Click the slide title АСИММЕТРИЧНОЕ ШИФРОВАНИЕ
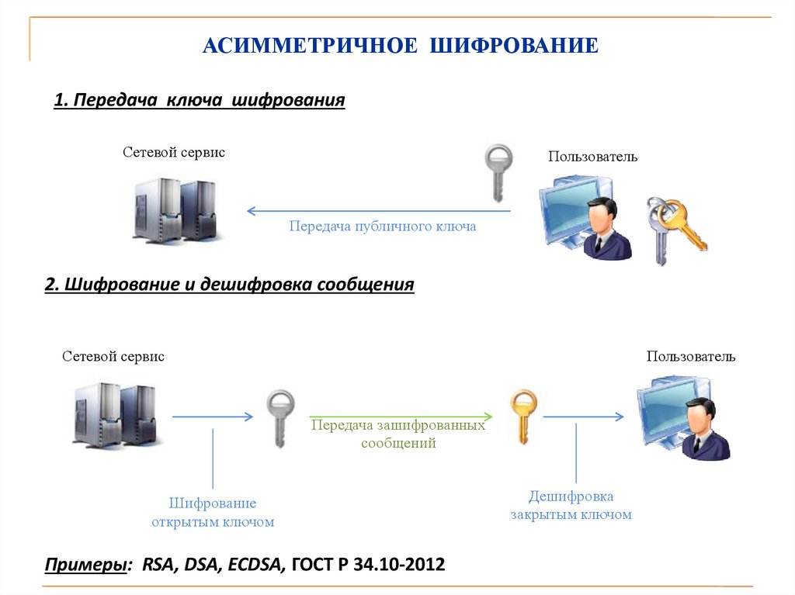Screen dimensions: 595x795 [400, 45]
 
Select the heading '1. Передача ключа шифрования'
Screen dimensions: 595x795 [199, 101]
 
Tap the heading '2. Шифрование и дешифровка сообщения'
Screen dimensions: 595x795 [230, 285]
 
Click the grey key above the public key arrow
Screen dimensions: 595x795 [498, 171]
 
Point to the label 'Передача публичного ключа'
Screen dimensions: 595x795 [382, 227]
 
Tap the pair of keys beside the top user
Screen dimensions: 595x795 [672, 227]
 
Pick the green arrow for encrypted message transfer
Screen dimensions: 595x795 [401, 417]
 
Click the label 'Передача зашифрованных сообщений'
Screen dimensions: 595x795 [398, 434]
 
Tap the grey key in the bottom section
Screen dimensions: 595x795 [280, 417]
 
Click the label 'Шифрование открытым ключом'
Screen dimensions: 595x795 [213, 513]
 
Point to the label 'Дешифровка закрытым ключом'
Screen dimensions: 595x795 [571, 505]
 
